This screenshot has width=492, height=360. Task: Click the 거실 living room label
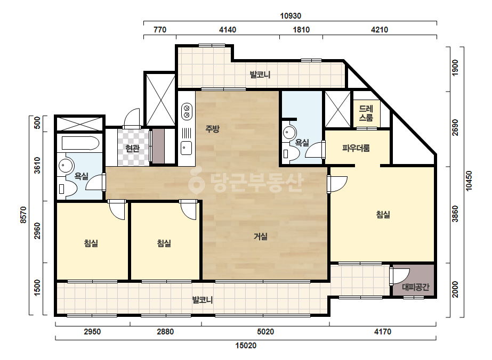261,236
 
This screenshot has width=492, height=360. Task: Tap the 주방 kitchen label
213,128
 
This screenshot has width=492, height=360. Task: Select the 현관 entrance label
132,148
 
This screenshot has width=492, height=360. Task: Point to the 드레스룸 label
366,113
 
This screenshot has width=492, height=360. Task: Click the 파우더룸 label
356,148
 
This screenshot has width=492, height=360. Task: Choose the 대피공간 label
415,287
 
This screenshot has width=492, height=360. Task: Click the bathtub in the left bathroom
80,143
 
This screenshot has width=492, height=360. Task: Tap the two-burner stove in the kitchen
187,112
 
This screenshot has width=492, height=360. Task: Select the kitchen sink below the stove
187,148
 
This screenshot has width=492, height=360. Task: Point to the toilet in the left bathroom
67,189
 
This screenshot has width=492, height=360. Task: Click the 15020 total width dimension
246,346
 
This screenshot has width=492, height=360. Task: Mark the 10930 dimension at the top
291,15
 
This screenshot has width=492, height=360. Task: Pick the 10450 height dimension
469,181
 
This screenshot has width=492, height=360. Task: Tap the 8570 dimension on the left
23,215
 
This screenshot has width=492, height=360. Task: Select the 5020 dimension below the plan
265,331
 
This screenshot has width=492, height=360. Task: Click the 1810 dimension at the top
301,30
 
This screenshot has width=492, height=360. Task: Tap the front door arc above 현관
132,118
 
